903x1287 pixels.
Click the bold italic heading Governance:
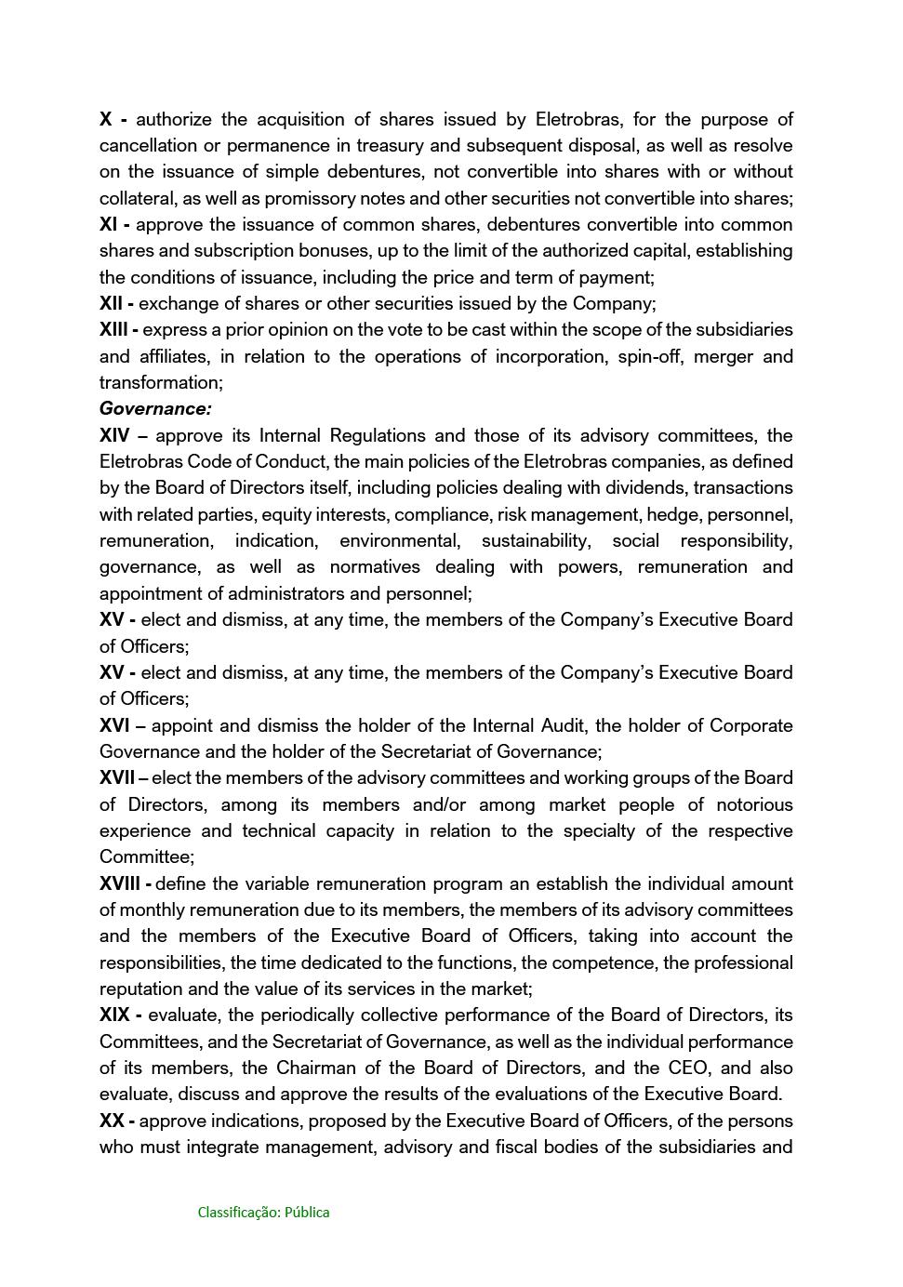click(155, 409)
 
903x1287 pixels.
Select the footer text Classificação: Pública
click(263, 1213)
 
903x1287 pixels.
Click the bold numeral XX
click(112, 1121)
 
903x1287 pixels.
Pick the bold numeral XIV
click(114, 435)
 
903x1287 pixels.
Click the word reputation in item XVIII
click(144, 988)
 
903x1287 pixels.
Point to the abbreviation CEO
click(688, 1068)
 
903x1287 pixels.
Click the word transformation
click(159, 383)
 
